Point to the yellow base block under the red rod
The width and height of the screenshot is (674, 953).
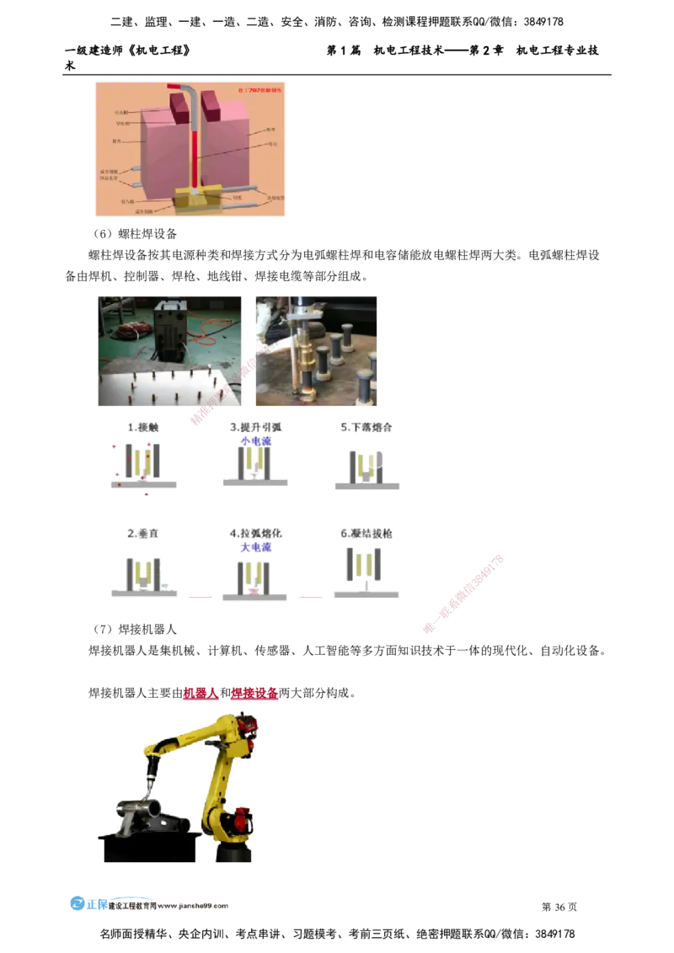tap(197, 200)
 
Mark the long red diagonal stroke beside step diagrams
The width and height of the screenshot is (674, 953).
tap(464, 593)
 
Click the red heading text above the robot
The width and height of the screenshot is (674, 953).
tap(231, 695)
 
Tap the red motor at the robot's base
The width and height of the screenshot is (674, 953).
tap(243, 817)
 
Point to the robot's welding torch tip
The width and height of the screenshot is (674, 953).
tap(151, 784)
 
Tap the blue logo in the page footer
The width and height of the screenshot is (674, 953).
tap(88, 903)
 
